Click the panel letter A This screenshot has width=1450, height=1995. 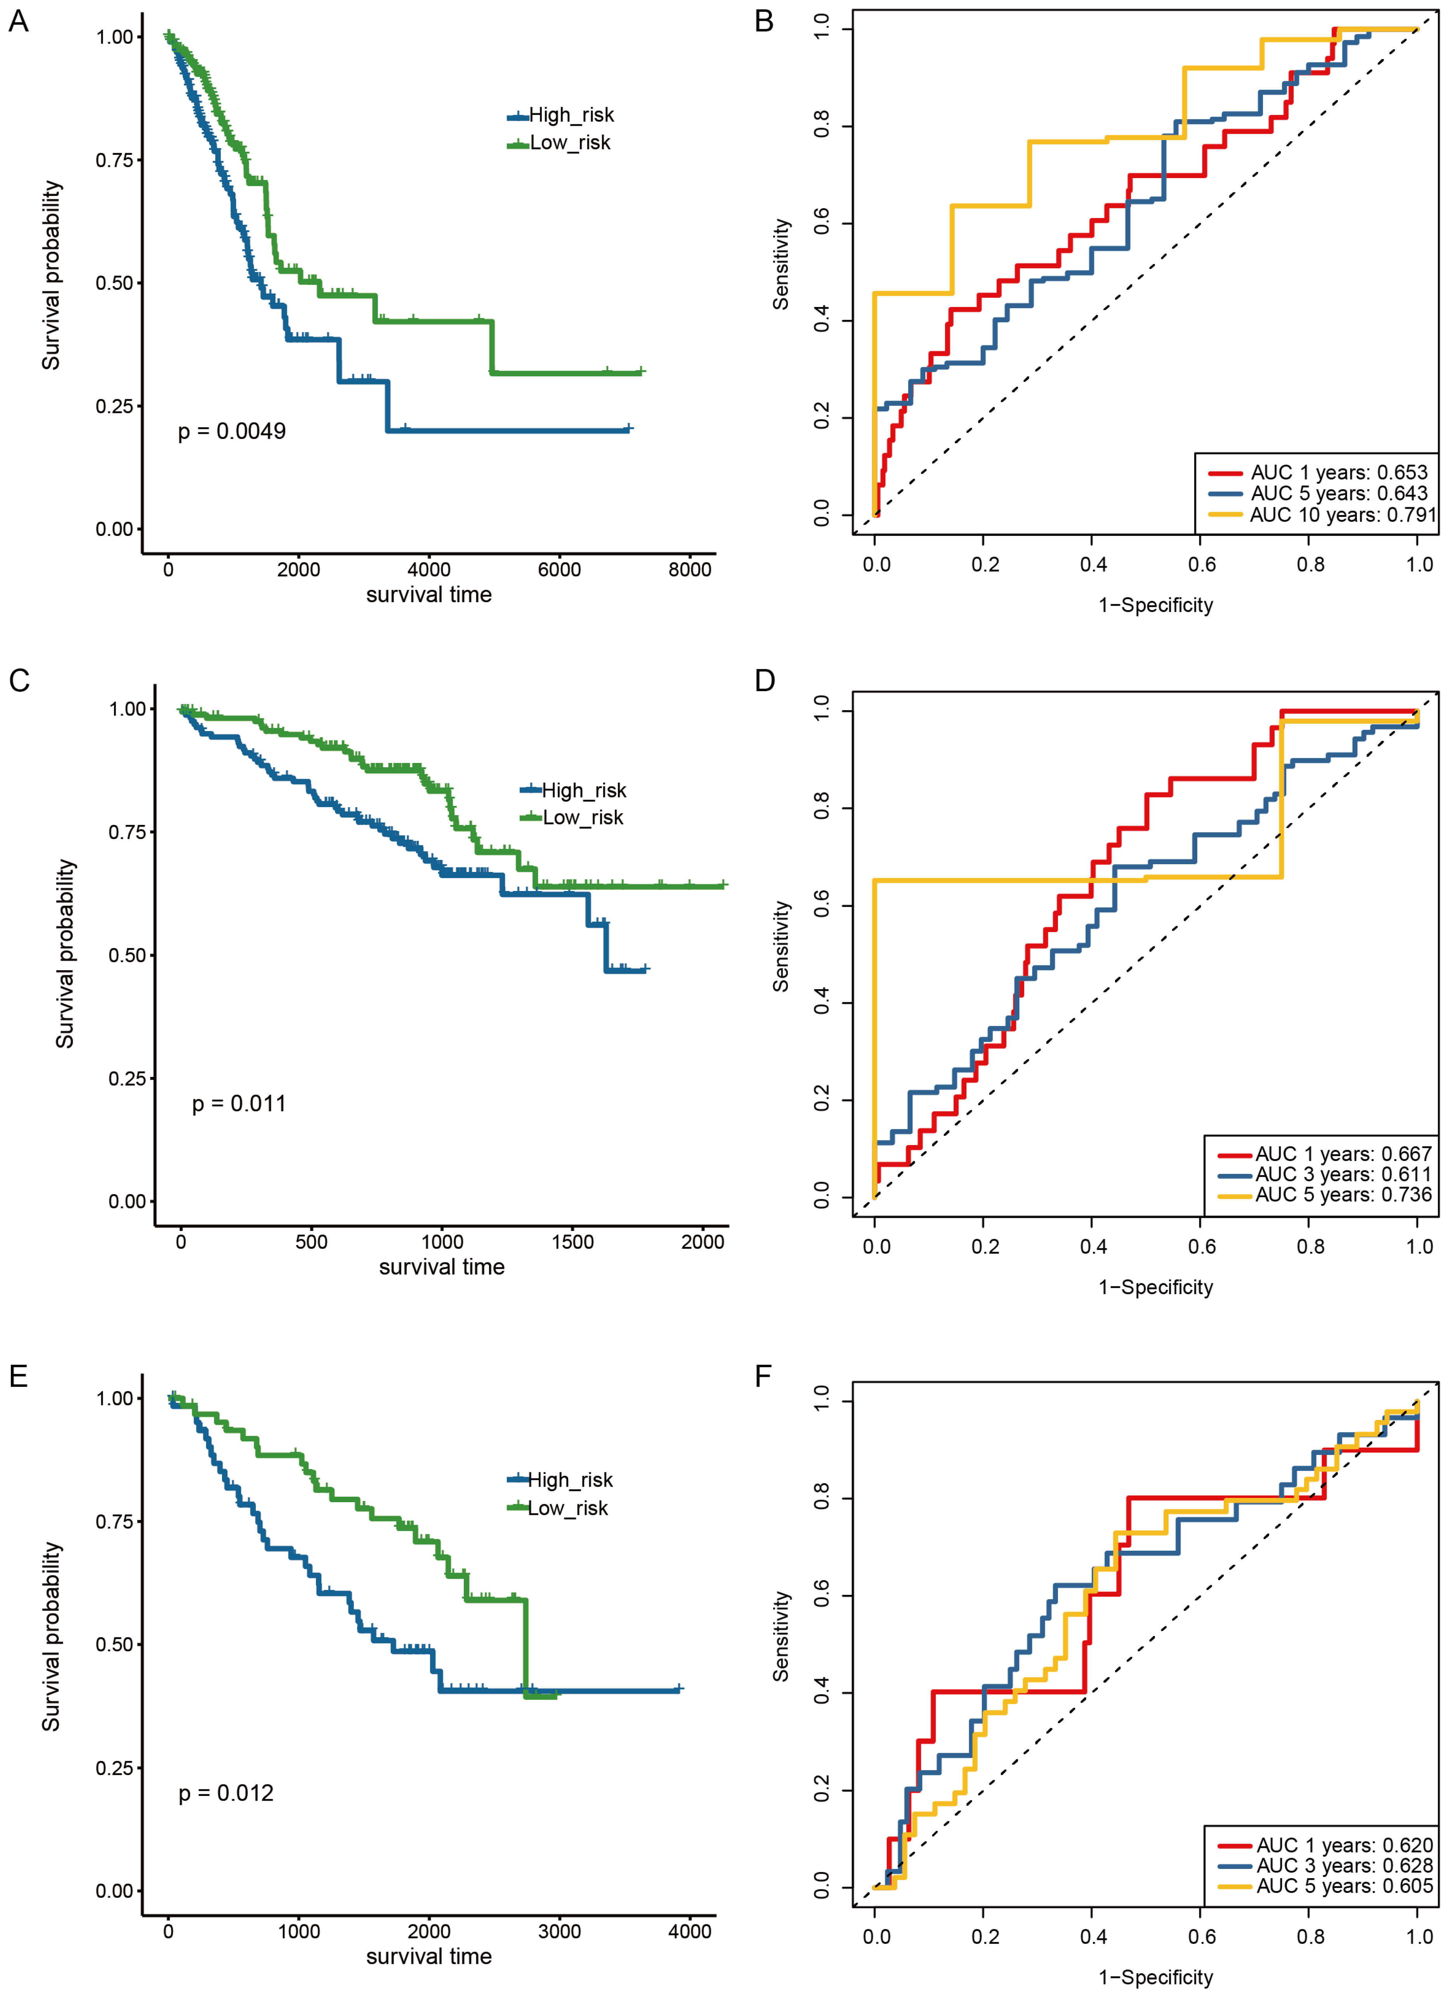pos(19,21)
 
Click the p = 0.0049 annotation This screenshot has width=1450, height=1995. pos(231,431)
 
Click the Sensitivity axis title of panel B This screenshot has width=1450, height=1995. pos(781,264)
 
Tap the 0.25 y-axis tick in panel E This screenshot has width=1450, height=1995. pos(114,1768)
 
